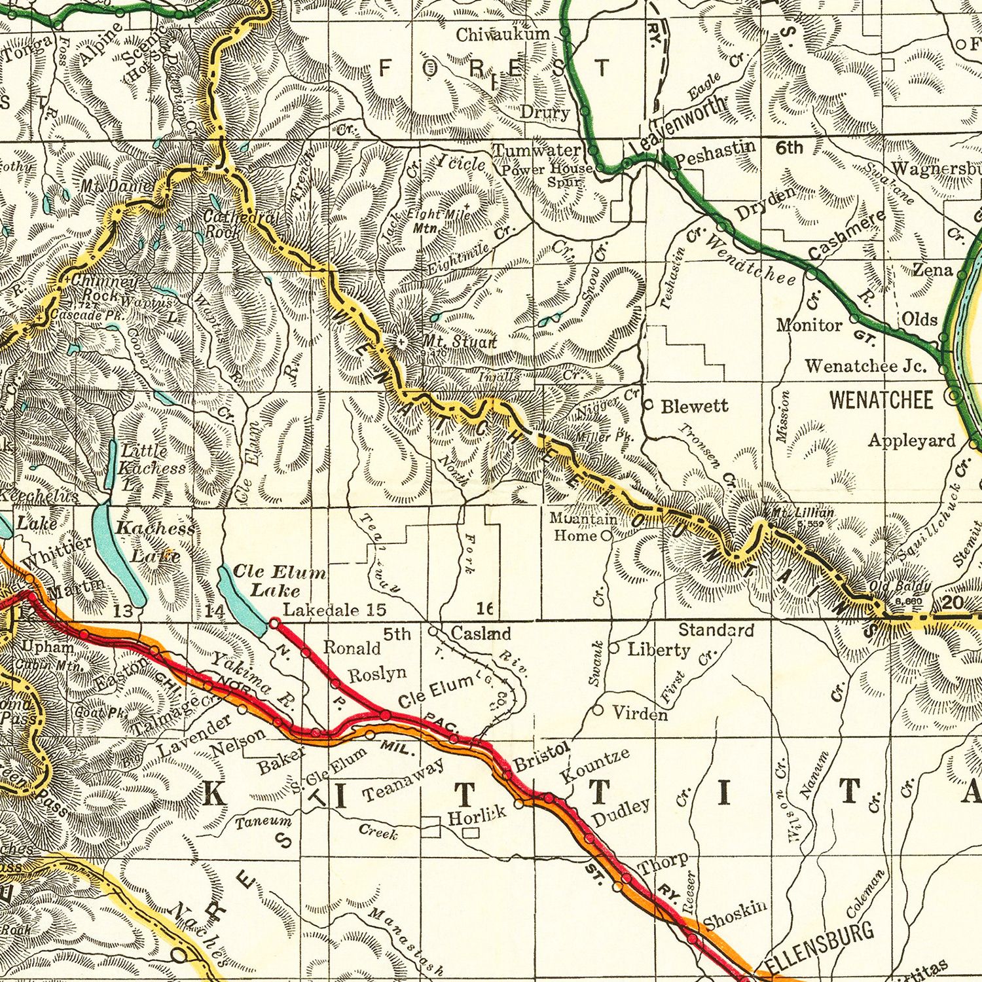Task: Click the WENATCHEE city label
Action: (x=881, y=400)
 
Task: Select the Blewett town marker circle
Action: (x=647, y=405)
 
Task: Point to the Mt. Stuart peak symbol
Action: (x=401, y=342)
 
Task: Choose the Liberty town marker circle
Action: (x=614, y=648)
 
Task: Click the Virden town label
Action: (x=640, y=713)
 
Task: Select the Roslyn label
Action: (x=376, y=674)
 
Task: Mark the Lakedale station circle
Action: (x=274, y=625)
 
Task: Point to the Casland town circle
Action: (x=433, y=631)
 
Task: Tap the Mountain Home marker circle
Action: (x=606, y=536)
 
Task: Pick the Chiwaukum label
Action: (x=503, y=34)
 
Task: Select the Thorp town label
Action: (x=663, y=864)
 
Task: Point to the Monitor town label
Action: (x=809, y=325)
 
